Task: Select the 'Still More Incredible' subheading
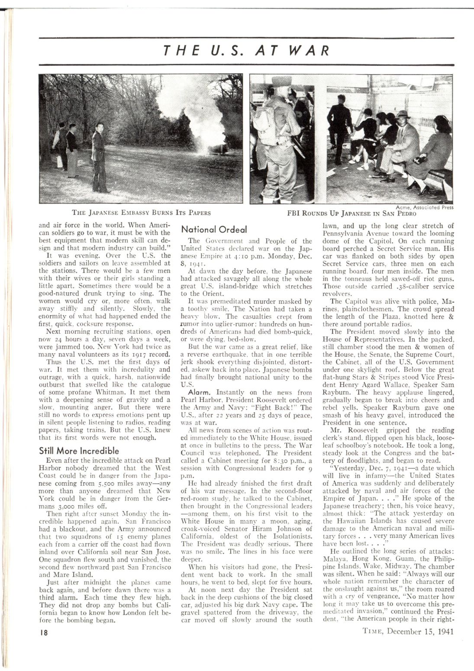[x=79, y=451]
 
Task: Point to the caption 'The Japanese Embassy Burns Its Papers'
[x=142, y=213]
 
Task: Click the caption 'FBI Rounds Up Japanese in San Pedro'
[x=351, y=213]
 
